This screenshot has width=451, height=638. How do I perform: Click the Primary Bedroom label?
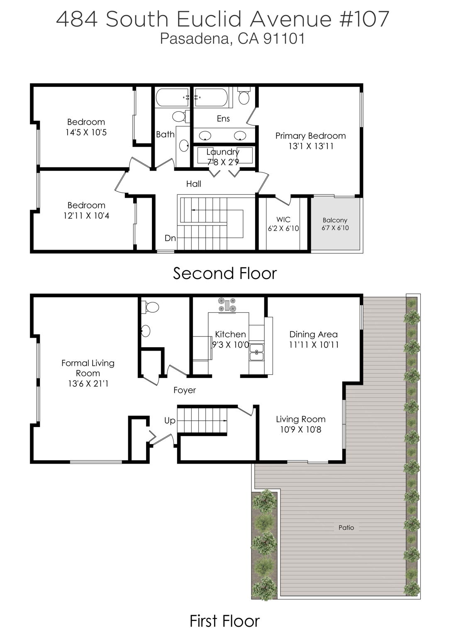tap(310, 136)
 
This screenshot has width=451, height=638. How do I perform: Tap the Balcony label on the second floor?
tap(335, 220)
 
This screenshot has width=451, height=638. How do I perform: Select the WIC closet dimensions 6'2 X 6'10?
tap(283, 228)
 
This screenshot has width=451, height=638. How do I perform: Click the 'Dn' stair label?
tap(170, 238)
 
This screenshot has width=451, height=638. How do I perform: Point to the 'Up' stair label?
tap(170, 420)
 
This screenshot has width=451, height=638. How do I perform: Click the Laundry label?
tap(223, 152)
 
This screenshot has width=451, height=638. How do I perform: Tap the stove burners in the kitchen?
tap(227, 304)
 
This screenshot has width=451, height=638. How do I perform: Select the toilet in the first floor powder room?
tap(150, 307)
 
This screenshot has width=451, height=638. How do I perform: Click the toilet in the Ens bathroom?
tap(244, 97)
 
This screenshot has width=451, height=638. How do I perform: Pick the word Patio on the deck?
tap(346, 528)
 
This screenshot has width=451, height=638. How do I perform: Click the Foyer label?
tap(185, 390)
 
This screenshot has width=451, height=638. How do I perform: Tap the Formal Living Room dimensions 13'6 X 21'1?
tap(88, 384)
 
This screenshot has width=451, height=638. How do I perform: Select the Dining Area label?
tap(313, 334)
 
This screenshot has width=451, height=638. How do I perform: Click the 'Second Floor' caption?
tap(224, 273)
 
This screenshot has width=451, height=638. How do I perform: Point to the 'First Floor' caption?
tap(224, 621)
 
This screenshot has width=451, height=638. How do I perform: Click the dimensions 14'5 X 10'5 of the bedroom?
tap(86, 133)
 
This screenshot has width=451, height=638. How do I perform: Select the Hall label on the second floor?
tap(194, 184)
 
